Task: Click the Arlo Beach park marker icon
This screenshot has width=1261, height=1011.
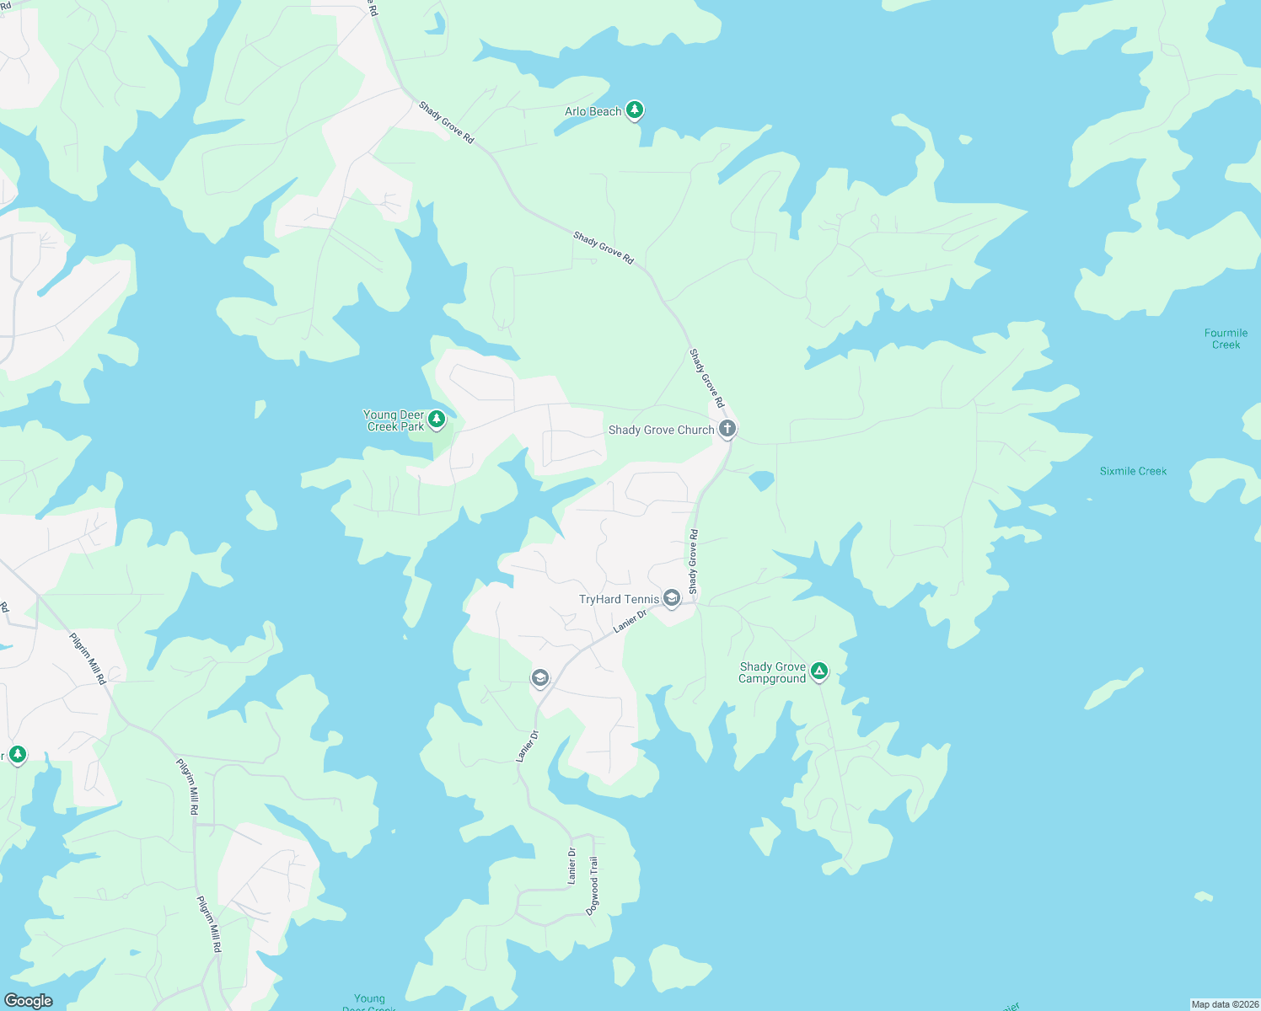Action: coord(635,110)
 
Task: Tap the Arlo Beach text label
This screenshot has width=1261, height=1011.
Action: coord(593,111)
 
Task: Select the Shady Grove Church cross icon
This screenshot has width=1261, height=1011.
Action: coord(727,429)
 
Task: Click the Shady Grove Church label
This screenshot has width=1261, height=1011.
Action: coord(661,430)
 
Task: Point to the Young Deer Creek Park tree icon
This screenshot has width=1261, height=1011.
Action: coord(437,419)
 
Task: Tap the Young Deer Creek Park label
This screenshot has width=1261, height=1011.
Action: coord(394,420)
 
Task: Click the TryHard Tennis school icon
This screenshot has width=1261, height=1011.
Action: coord(672,598)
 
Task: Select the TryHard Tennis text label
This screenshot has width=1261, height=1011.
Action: coord(619,599)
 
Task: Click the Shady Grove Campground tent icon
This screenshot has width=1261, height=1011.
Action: coord(818,671)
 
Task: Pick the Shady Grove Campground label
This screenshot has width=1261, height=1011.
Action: coord(772,672)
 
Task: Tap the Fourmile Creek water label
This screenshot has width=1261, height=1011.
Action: coord(1226,339)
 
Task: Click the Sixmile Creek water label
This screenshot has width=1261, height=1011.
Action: coord(1133,471)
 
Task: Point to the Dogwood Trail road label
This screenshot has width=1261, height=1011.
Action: coord(593,885)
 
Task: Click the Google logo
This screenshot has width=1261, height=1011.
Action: coord(28,1000)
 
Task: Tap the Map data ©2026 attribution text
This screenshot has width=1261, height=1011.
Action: coord(1224,1004)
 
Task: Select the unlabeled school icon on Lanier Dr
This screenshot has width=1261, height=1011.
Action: coord(540,677)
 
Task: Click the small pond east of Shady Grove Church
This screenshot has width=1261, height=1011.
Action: coord(761,480)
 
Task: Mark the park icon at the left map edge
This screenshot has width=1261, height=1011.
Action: coord(18,754)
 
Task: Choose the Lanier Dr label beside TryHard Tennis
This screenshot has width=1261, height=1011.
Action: coord(630,621)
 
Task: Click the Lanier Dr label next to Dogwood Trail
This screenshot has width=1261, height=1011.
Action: coord(572,866)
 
